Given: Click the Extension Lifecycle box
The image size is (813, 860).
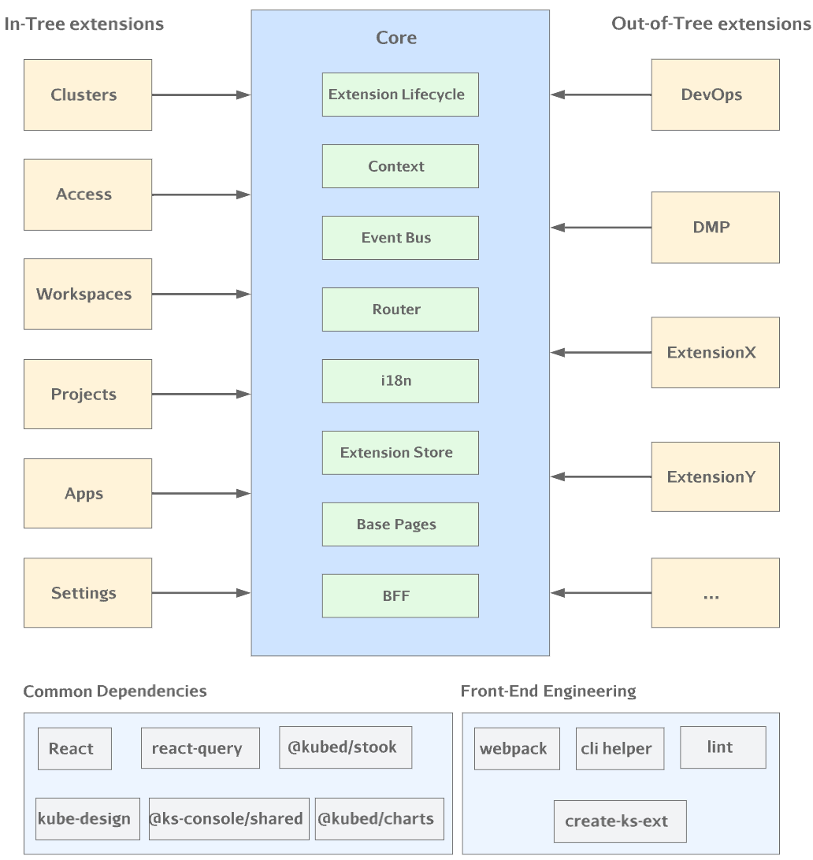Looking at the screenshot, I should click(400, 95).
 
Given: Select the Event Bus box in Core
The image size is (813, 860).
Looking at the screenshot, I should click(400, 238).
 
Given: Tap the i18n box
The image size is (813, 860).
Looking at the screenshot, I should click(400, 381).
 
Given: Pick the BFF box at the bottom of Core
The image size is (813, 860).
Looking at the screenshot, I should click(400, 595).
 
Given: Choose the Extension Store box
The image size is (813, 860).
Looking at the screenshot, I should click(400, 453).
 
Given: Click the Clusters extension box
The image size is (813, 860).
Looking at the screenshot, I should click(87, 95).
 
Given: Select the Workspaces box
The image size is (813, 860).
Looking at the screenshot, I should click(87, 295).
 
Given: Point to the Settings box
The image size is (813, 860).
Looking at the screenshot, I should click(87, 593).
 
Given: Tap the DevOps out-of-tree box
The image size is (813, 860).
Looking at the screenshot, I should click(715, 95).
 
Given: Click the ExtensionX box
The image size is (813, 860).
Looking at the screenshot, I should click(715, 353).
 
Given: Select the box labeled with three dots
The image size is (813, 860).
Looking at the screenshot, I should click(715, 593).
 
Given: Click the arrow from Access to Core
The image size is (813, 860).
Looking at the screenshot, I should click(201, 195).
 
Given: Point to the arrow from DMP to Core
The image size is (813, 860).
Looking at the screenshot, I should click(600, 228).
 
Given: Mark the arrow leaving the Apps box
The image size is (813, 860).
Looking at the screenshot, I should click(201, 494).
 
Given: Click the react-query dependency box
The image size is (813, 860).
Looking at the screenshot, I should click(201, 748).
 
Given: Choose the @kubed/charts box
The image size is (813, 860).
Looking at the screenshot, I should click(380, 819).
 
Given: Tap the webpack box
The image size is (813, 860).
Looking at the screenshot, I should click(518, 748).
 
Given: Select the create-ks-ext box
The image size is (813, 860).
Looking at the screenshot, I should click(620, 821).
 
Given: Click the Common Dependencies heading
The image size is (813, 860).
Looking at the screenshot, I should click(115, 691).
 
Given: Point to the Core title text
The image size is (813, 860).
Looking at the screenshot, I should click(396, 38).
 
